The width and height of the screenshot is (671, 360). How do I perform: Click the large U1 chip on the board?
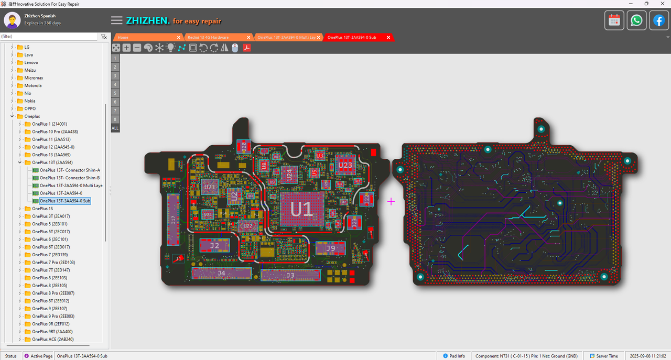tap(301, 209)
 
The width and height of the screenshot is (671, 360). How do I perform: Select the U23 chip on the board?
tap(345, 165)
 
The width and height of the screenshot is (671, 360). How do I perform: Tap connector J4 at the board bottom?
tap(222, 273)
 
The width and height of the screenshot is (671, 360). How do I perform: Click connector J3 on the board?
tap(290, 275)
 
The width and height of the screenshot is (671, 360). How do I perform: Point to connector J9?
tap(330, 248)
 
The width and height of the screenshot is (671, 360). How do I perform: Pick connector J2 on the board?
tap(214, 245)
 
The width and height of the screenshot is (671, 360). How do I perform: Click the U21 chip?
tap(210, 187)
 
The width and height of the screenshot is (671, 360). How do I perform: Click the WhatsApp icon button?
tap(636, 20)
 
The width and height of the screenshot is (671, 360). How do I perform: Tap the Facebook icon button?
tap(659, 20)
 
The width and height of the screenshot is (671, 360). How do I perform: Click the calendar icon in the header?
tap(614, 20)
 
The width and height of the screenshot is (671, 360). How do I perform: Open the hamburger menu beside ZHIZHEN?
tap(116, 20)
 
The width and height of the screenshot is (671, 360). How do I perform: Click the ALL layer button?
tap(115, 128)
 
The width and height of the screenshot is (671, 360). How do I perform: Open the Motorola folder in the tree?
tap(33, 85)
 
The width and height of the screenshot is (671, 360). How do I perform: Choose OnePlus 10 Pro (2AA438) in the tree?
tap(55, 132)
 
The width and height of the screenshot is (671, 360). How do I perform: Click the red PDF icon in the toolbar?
tap(246, 48)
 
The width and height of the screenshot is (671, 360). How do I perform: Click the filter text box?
tap(49, 37)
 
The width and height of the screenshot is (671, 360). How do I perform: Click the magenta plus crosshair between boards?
tap(391, 201)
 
